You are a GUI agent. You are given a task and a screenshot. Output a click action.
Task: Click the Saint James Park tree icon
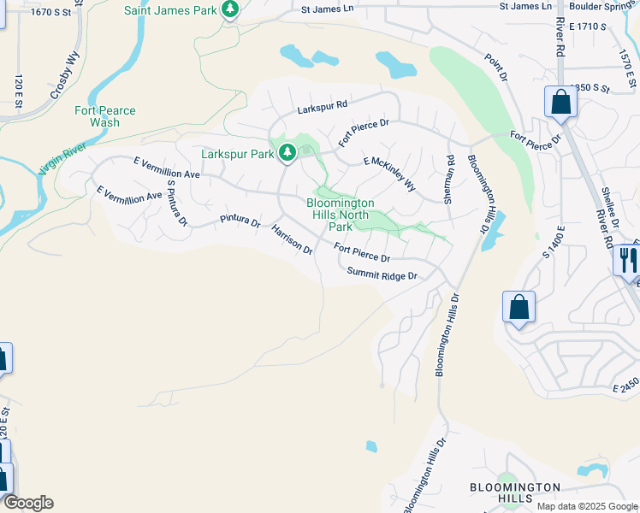[x=229, y=9]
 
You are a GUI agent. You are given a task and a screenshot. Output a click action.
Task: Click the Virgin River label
[x=62, y=159]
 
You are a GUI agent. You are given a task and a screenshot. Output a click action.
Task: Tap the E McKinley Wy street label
[x=389, y=174]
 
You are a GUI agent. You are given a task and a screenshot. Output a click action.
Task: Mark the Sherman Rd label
[x=448, y=179]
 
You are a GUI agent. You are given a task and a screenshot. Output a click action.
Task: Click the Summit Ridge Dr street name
[x=382, y=274]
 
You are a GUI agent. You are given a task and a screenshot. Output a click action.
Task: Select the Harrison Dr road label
[x=292, y=239]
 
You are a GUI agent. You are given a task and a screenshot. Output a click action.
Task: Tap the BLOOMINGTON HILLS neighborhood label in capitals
[x=515, y=492]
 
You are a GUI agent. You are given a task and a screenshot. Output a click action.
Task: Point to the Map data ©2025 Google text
[x=587, y=506]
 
